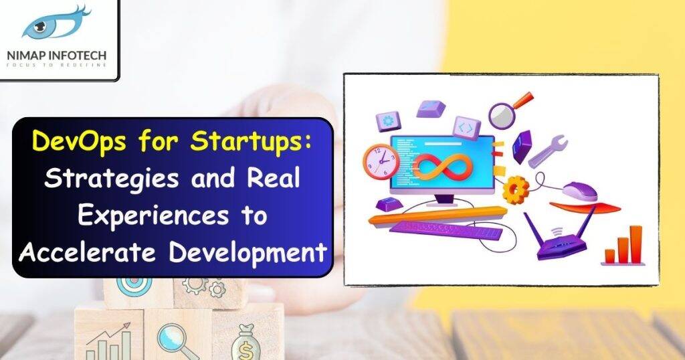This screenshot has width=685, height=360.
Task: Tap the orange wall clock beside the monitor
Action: [x=380, y=161]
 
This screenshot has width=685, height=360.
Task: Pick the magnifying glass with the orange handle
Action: [x=506, y=112]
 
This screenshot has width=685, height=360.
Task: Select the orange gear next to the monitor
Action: [x=515, y=189]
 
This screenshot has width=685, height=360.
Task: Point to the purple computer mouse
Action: [x=579, y=191]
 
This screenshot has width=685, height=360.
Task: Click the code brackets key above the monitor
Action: [x=466, y=127]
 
